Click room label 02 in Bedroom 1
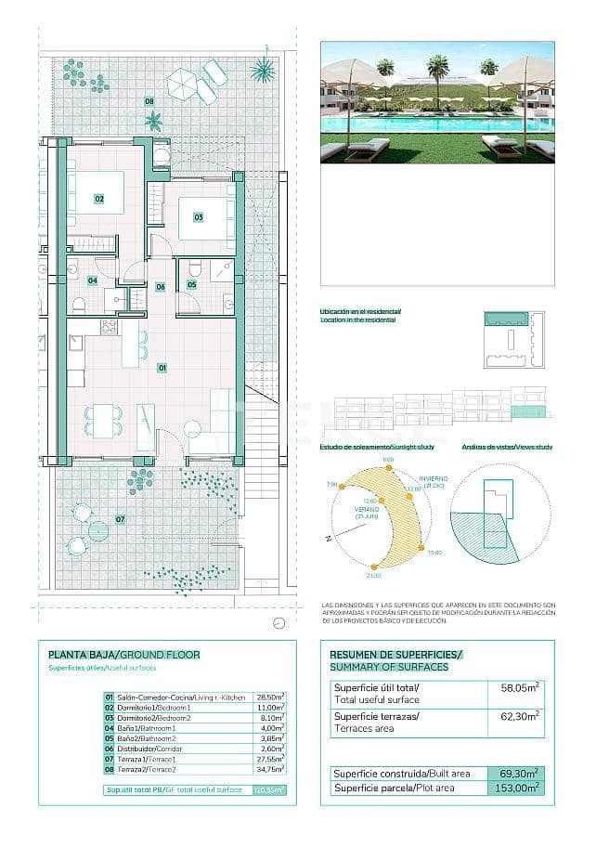(98, 199)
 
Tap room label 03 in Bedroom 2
(198, 217)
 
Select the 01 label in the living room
(162, 368)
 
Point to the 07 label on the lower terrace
(120, 519)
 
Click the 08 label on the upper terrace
(149, 101)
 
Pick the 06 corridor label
(160, 287)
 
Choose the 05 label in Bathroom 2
(191, 284)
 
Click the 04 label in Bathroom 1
(93, 280)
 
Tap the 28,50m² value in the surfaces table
(269, 697)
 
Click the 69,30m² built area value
(518, 773)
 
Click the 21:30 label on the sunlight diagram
(373, 576)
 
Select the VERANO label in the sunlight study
(367, 509)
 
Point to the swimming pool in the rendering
(436, 124)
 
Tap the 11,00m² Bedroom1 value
(269, 708)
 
